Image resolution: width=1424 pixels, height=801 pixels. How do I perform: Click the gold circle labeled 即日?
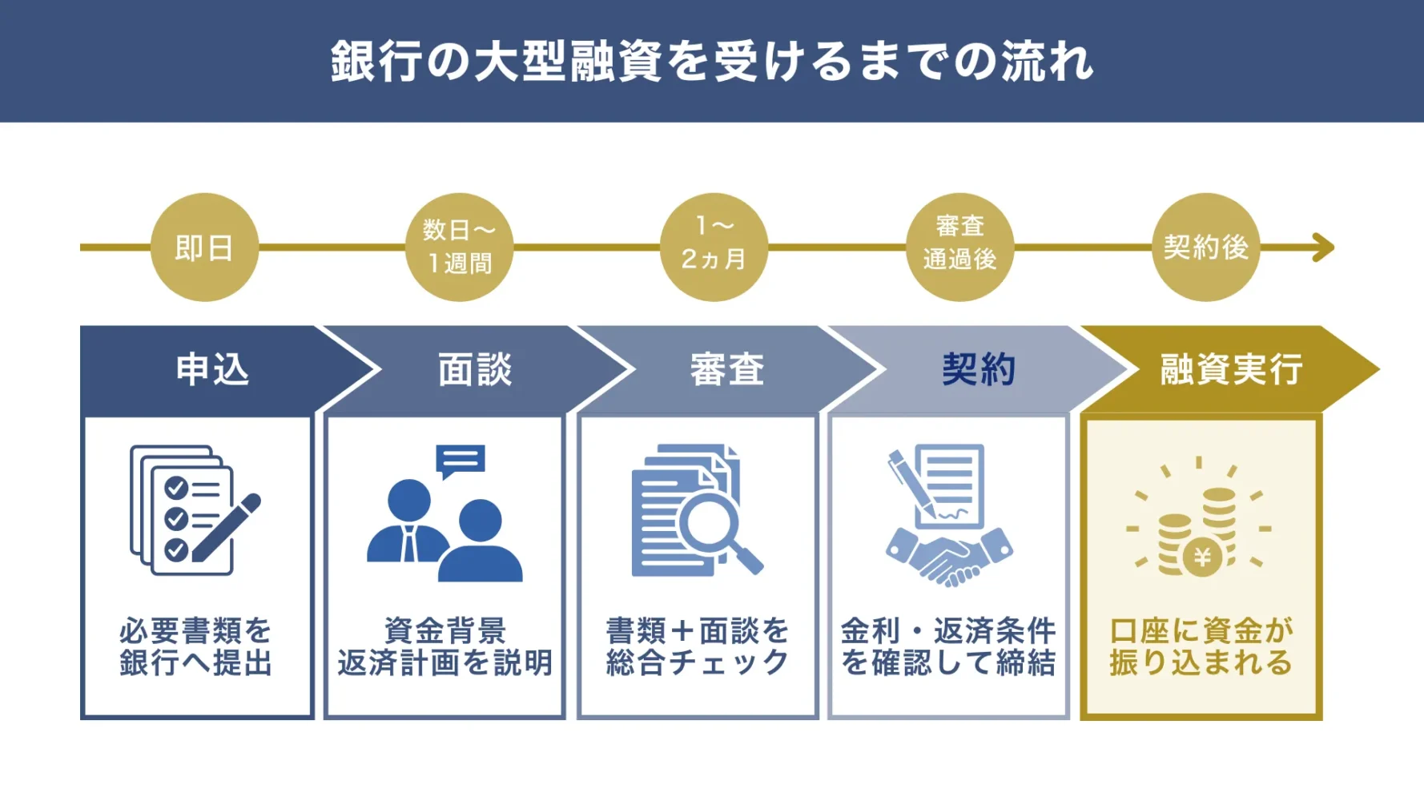pyautogui.click(x=204, y=248)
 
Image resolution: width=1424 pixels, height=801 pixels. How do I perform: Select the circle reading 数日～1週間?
pyautogui.click(x=459, y=248)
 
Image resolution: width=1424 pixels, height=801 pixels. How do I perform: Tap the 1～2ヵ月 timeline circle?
pyautogui.click(x=714, y=248)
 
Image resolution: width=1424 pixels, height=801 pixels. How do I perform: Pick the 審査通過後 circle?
pyautogui.click(x=959, y=248)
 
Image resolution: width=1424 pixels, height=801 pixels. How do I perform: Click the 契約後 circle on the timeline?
pyautogui.click(x=1205, y=248)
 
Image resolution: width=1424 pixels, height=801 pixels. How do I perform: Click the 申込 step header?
pyautogui.click(x=212, y=370)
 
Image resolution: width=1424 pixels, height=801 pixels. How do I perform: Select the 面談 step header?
pyautogui.click(x=474, y=370)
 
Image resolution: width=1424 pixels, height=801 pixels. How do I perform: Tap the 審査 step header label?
pyautogui.click(x=727, y=370)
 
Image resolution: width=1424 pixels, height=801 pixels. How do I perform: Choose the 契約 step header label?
pyautogui.click(x=979, y=370)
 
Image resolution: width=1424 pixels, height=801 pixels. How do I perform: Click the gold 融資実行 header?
pyautogui.click(x=1231, y=370)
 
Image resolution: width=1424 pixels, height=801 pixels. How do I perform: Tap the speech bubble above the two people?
pyautogui.click(x=460, y=460)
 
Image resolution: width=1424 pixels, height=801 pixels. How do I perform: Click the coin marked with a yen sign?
pyautogui.click(x=1201, y=557)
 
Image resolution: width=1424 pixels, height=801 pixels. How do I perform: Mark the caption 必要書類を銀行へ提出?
pyautogui.click(x=196, y=647)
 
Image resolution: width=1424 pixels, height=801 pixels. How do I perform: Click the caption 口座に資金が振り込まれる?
pyautogui.click(x=1201, y=647)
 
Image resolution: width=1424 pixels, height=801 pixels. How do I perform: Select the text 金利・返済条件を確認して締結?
pyautogui.click(x=948, y=647)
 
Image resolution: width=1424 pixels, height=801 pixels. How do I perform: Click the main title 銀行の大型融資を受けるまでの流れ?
pyautogui.click(x=711, y=61)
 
